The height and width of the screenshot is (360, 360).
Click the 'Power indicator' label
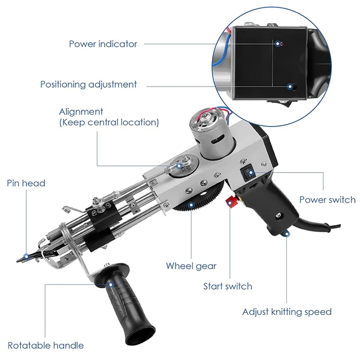[x=103, y=44]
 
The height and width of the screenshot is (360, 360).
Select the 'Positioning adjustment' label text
[x=88, y=84]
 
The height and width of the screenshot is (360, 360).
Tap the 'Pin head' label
[x=26, y=183]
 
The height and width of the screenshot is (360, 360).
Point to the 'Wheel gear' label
[x=191, y=265]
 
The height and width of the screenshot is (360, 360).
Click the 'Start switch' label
[x=227, y=286]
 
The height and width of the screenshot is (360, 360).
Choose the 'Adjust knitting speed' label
[x=287, y=312]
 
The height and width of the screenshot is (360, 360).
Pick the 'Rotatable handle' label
[x=46, y=345]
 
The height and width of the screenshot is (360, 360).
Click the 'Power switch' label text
[x=327, y=200]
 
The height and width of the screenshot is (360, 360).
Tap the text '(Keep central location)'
[x=109, y=122]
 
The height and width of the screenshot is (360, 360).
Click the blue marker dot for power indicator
[x=278, y=43]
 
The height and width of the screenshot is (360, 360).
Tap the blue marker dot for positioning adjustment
[x=290, y=87]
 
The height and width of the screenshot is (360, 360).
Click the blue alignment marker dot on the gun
[x=181, y=165]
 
